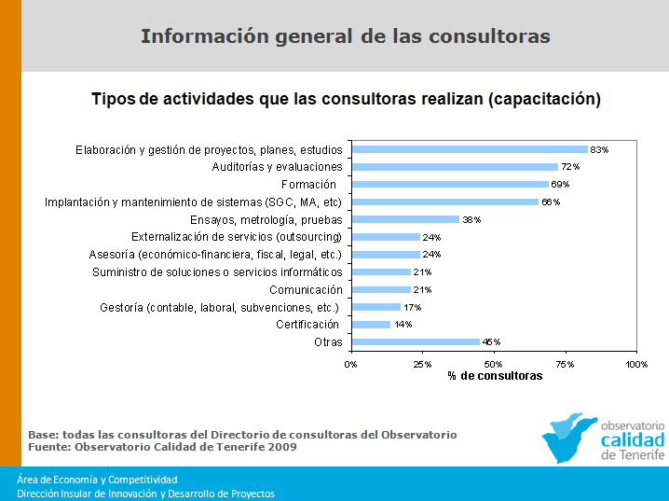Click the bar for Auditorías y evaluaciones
click(x=454, y=167)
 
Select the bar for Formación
click(x=450, y=185)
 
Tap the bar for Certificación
click(x=370, y=325)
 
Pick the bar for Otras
click(x=415, y=342)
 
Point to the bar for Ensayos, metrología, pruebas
click(x=405, y=219)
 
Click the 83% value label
click(x=599, y=150)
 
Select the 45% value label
click(x=490, y=342)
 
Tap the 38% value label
click(x=471, y=220)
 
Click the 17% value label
click(x=411, y=307)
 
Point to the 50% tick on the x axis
click(x=493, y=363)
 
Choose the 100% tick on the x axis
click(x=635, y=363)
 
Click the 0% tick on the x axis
click(x=350, y=363)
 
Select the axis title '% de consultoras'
click(x=494, y=375)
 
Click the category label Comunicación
click(x=305, y=290)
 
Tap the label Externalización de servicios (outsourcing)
click(x=237, y=237)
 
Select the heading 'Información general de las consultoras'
click(x=345, y=36)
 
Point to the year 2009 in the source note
click(x=282, y=447)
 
